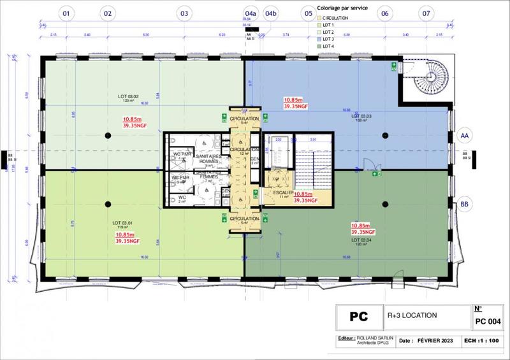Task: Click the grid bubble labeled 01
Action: point(67,12)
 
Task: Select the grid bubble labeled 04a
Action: point(251,12)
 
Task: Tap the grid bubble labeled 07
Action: point(426,12)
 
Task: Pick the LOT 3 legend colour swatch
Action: point(319,40)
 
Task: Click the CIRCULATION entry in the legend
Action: point(335,18)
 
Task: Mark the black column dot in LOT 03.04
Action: point(385,203)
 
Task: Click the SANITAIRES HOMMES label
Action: point(208,159)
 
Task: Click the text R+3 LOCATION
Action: point(412,315)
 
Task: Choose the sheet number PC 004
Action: point(488,320)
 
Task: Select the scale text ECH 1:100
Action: point(483,342)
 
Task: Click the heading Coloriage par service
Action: point(342,8)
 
